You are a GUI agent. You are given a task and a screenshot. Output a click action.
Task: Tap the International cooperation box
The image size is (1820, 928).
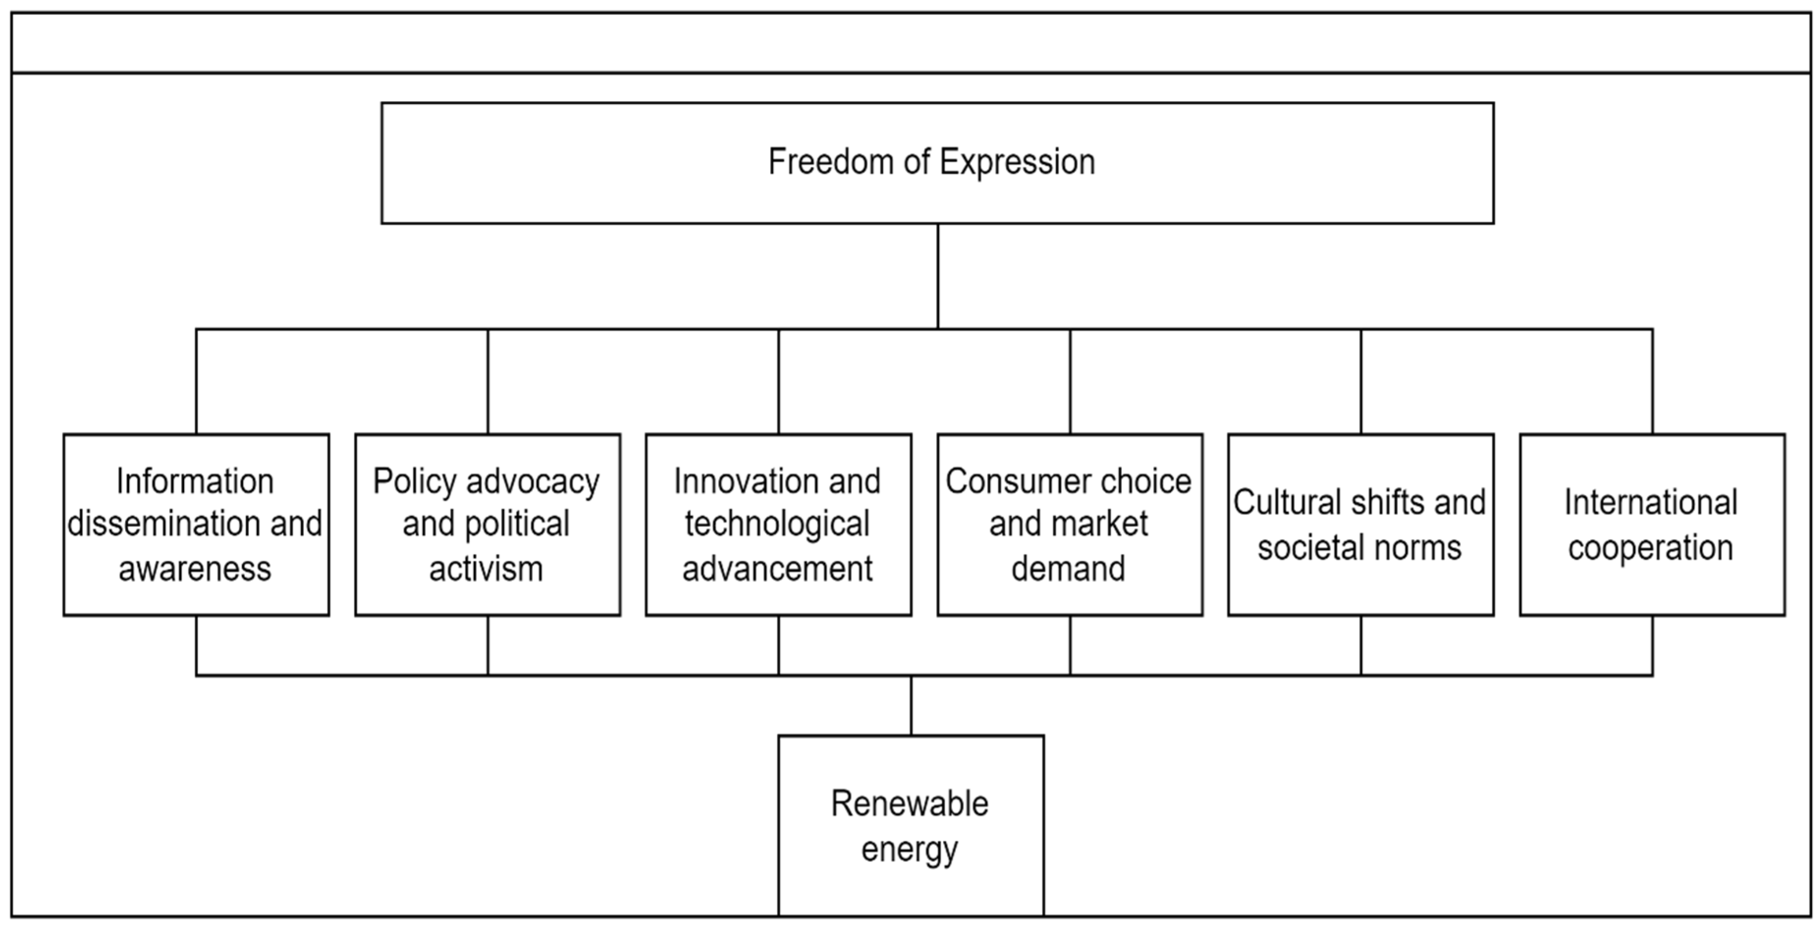tap(1651, 524)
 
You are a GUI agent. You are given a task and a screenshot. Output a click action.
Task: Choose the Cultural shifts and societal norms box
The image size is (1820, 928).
tap(1360, 524)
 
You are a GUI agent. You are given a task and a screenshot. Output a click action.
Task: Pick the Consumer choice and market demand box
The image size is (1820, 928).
tap(1069, 524)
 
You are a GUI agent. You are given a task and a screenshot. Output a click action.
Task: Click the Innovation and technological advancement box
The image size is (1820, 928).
tap(778, 524)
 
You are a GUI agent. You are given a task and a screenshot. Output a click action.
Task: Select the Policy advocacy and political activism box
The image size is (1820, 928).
tap(487, 524)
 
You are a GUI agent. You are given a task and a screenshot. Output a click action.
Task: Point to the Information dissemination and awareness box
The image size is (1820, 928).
tap(196, 524)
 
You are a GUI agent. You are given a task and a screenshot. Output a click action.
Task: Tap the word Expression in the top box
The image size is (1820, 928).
tap(1017, 162)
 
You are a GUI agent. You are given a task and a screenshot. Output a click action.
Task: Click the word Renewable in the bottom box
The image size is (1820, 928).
tap(910, 804)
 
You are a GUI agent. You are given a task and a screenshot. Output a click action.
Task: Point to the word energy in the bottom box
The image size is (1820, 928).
tap(910, 849)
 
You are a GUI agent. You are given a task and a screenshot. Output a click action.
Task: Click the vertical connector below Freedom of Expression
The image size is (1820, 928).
tap(937, 275)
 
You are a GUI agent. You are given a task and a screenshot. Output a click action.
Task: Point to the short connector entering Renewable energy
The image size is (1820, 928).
tap(910, 706)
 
